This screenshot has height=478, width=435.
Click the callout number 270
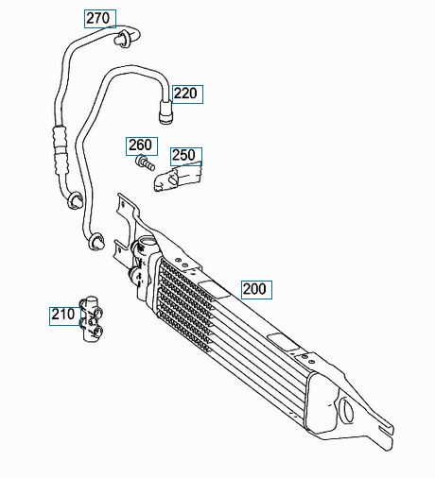click(98, 18)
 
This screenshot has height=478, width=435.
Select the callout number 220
click(185, 94)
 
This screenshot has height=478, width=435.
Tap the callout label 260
click(140, 145)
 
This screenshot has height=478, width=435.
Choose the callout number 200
click(255, 289)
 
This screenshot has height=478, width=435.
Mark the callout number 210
click(63, 315)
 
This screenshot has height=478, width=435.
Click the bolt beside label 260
click(145, 162)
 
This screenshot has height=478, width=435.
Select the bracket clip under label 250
click(178, 178)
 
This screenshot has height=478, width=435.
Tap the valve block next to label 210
click(92, 318)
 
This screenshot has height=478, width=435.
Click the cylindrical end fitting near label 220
click(165, 112)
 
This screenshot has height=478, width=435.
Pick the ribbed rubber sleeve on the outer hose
click(61, 149)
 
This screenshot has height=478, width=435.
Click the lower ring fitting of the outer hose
click(75, 200)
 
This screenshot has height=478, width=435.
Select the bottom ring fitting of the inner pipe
click(96, 242)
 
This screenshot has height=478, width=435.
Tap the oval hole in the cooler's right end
click(347, 411)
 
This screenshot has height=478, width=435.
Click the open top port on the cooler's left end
click(148, 243)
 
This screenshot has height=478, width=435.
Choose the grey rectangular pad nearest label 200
click(214, 289)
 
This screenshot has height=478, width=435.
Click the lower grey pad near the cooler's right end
click(283, 341)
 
